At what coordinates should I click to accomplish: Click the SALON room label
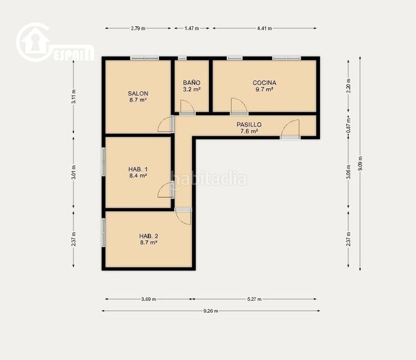tap(138, 94)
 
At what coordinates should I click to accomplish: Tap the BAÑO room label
tap(191, 82)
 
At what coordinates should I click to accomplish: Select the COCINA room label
tap(264, 83)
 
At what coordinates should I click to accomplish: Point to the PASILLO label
tap(249, 124)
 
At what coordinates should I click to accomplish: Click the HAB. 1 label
tap(138, 169)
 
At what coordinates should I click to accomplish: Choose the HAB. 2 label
tap(149, 236)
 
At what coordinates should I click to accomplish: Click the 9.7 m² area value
tap(264, 89)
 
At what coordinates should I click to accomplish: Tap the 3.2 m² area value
tap(191, 89)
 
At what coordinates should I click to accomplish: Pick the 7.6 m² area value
tap(249, 131)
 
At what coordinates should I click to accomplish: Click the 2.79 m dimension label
tap(138, 28)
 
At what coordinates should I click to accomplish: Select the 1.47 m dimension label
tap(192, 28)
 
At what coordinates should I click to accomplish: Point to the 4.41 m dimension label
tap(265, 28)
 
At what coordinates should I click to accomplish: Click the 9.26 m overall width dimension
tap(211, 311)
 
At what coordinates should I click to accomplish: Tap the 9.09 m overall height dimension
tap(360, 164)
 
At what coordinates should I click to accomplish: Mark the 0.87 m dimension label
tap(349, 125)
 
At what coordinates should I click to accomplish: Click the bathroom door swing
tap(187, 107)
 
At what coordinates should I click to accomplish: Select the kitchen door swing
tap(239, 106)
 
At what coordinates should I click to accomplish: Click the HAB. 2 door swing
tap(184, 217)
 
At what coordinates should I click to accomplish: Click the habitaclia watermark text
tap(208, 179)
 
